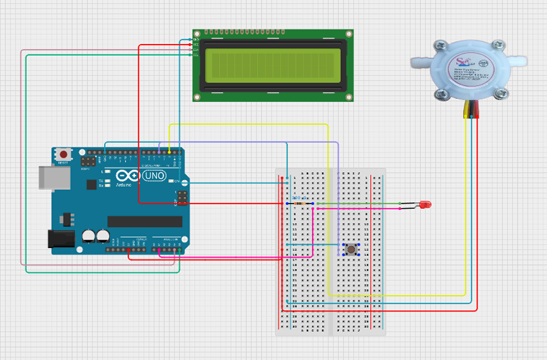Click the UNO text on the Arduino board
point(154,176)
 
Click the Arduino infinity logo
point(128,176)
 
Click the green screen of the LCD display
point(273,65)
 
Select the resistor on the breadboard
point(301,204)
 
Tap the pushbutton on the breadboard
point(351,249)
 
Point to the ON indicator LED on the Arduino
point(176,181)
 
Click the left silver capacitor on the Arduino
point(88,236)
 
